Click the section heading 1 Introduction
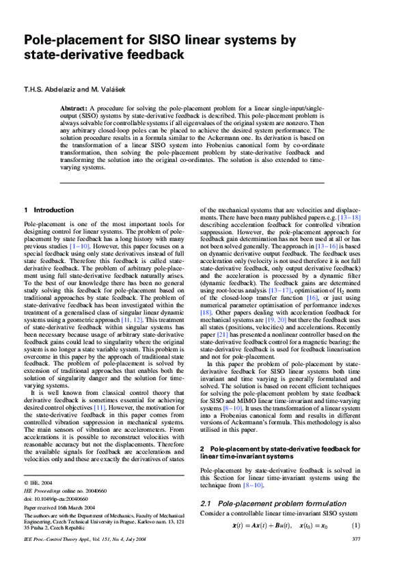[44, 210]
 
